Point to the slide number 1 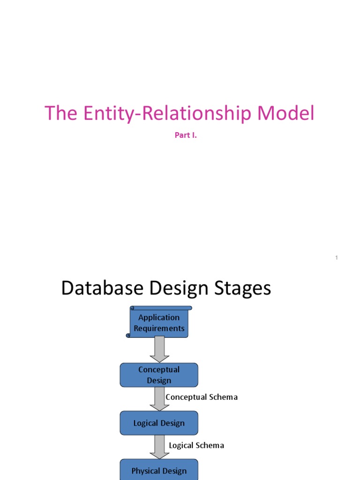[337, 258]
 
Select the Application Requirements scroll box [159, 322]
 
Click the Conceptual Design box [159, 375]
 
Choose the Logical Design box [159, 423]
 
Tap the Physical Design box [159, 471]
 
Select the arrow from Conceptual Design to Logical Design [159, 399]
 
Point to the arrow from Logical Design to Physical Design [159, 447]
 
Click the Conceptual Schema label [202, 397]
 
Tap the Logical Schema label [196, 445]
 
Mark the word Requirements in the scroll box [159, 329]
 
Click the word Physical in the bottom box [146, 471]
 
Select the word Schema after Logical [210, 445]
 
